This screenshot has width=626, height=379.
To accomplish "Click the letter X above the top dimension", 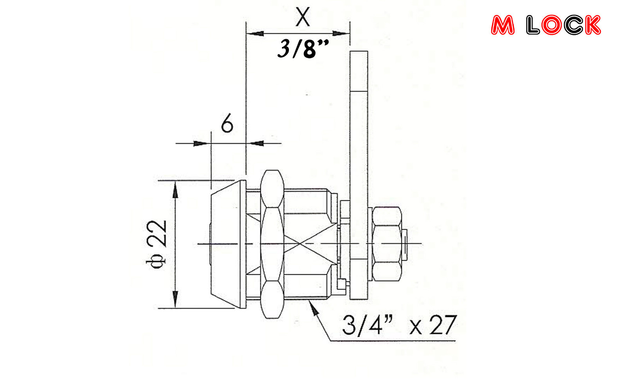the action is [303, 17].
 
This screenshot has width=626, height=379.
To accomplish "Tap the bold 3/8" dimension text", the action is [303, 49].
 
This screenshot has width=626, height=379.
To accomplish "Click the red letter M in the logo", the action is [503, 25].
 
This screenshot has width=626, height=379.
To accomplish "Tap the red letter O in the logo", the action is [551, 25].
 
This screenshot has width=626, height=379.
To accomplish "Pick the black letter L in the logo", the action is [533, 25].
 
